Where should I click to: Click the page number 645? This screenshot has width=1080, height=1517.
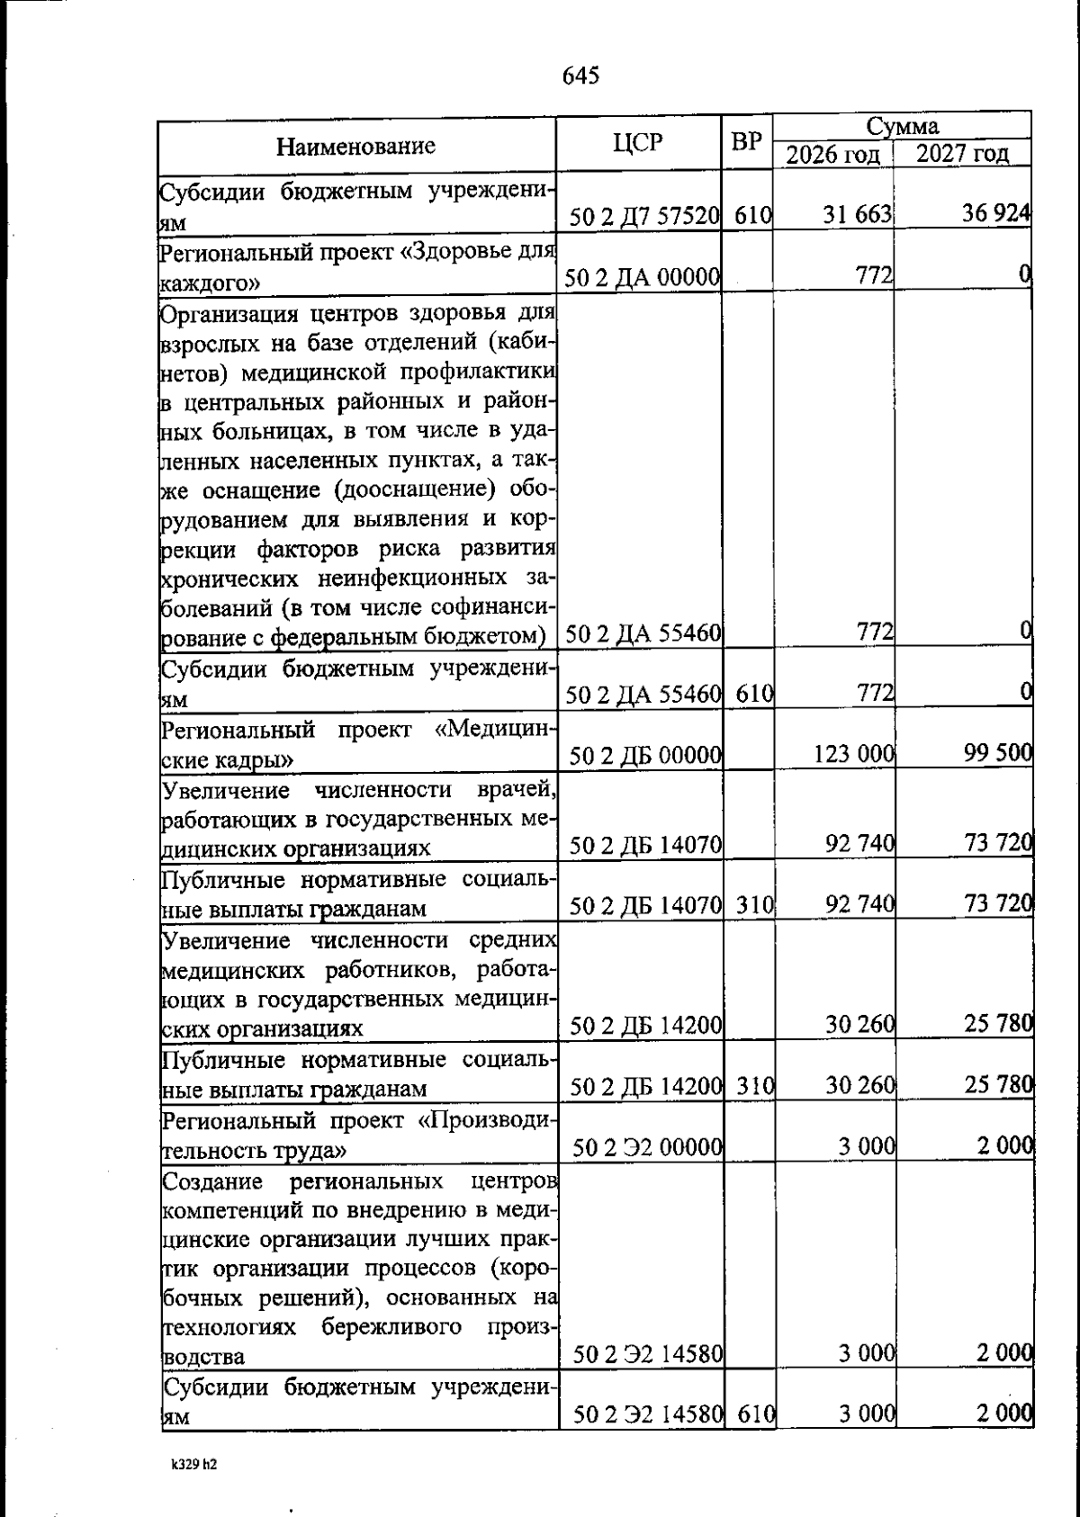coord(580,76)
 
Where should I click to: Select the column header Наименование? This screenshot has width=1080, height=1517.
coord(355,146)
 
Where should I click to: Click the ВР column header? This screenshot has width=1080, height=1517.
coord(747,142)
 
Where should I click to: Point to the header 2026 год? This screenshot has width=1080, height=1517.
coord(832,155)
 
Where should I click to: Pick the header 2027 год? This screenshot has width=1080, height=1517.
coord(961,154)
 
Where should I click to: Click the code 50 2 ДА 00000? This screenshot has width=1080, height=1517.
coord(643,279)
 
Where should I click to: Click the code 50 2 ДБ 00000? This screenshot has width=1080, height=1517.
coord(644,756)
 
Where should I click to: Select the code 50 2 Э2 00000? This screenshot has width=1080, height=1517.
coord(648,1147)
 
